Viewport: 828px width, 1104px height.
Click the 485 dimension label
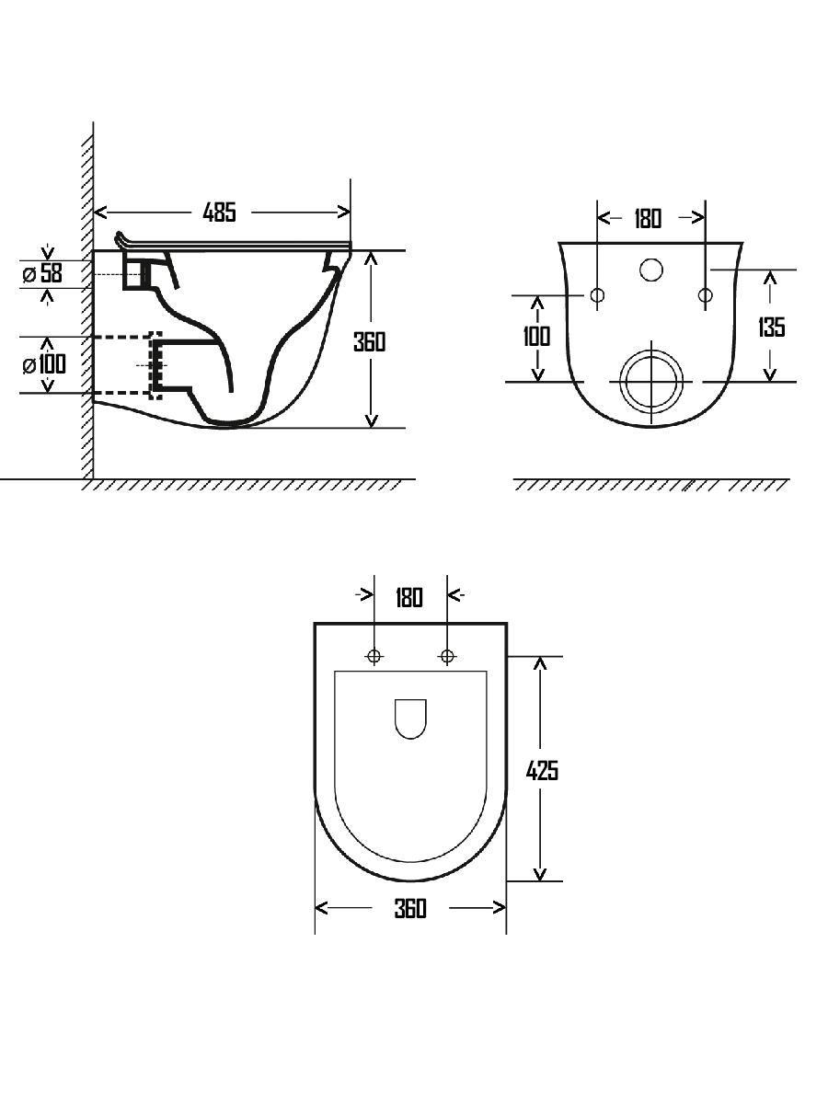click(x=220, y=213)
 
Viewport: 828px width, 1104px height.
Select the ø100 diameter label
click(x=44, y=364)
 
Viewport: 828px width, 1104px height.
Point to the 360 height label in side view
click(x=370, y=341)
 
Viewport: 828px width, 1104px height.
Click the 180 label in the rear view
click(x=648, y=219)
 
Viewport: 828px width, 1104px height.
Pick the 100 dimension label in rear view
click(x=536, y=336)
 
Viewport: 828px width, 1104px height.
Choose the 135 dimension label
click(x=771, y=327)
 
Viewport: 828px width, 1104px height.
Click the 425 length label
click(x=542, y=770)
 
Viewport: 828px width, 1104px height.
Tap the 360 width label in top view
click(x=410, y=909)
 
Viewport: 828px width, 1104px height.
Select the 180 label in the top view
click(x=409, y=598)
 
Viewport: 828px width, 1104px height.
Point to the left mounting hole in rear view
click(x=597, y=295)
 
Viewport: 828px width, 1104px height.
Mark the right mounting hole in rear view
click(x=706, y=295)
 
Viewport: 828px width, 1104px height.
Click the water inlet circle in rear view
click(x=651, y=270)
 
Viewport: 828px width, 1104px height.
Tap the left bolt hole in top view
click(x=374, y=656)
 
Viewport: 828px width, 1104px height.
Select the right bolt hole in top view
click(x=447, y=656)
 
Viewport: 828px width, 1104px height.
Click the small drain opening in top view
click(x=410, y=719)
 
